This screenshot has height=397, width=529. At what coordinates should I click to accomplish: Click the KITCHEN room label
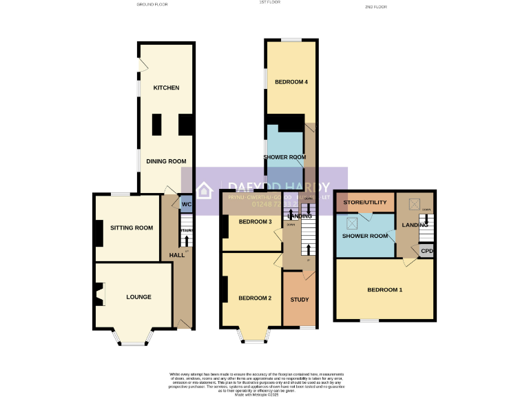coord(166,88)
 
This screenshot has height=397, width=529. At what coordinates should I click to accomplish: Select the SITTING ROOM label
coord(132,227)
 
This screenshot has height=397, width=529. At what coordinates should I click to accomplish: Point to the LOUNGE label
coord(138,297)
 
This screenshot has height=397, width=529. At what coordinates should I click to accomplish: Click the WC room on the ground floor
coord(186,205)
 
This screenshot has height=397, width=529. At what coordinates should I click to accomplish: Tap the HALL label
coord(176,256)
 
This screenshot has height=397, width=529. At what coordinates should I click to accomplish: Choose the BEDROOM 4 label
coord(291,82)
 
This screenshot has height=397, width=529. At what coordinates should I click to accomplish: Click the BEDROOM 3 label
coord(255,221)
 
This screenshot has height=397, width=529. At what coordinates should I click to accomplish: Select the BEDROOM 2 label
coord(255,298)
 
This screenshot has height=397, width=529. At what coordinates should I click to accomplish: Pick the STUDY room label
coord(300,300)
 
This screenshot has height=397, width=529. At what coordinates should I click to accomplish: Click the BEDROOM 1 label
coord(384,289)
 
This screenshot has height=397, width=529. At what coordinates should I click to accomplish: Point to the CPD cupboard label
coord(426,251)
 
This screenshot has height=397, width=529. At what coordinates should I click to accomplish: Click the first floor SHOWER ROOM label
coord(284,157)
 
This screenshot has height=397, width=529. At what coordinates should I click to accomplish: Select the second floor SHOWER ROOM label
coord(365,236)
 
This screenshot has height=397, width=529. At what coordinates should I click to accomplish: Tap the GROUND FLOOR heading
coord(152,5)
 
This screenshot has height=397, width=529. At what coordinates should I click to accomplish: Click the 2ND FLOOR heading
coord(376,6)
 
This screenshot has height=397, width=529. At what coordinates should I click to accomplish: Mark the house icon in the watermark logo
coord(205,190)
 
